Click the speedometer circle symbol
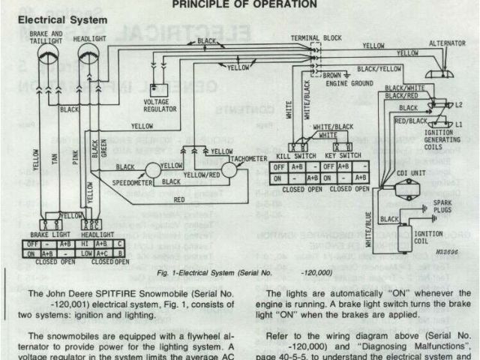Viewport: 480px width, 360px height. (149, 171)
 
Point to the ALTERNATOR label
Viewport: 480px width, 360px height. (448, 44)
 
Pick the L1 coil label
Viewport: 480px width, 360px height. (458, 122)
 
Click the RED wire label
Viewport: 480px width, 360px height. (179, 200)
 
